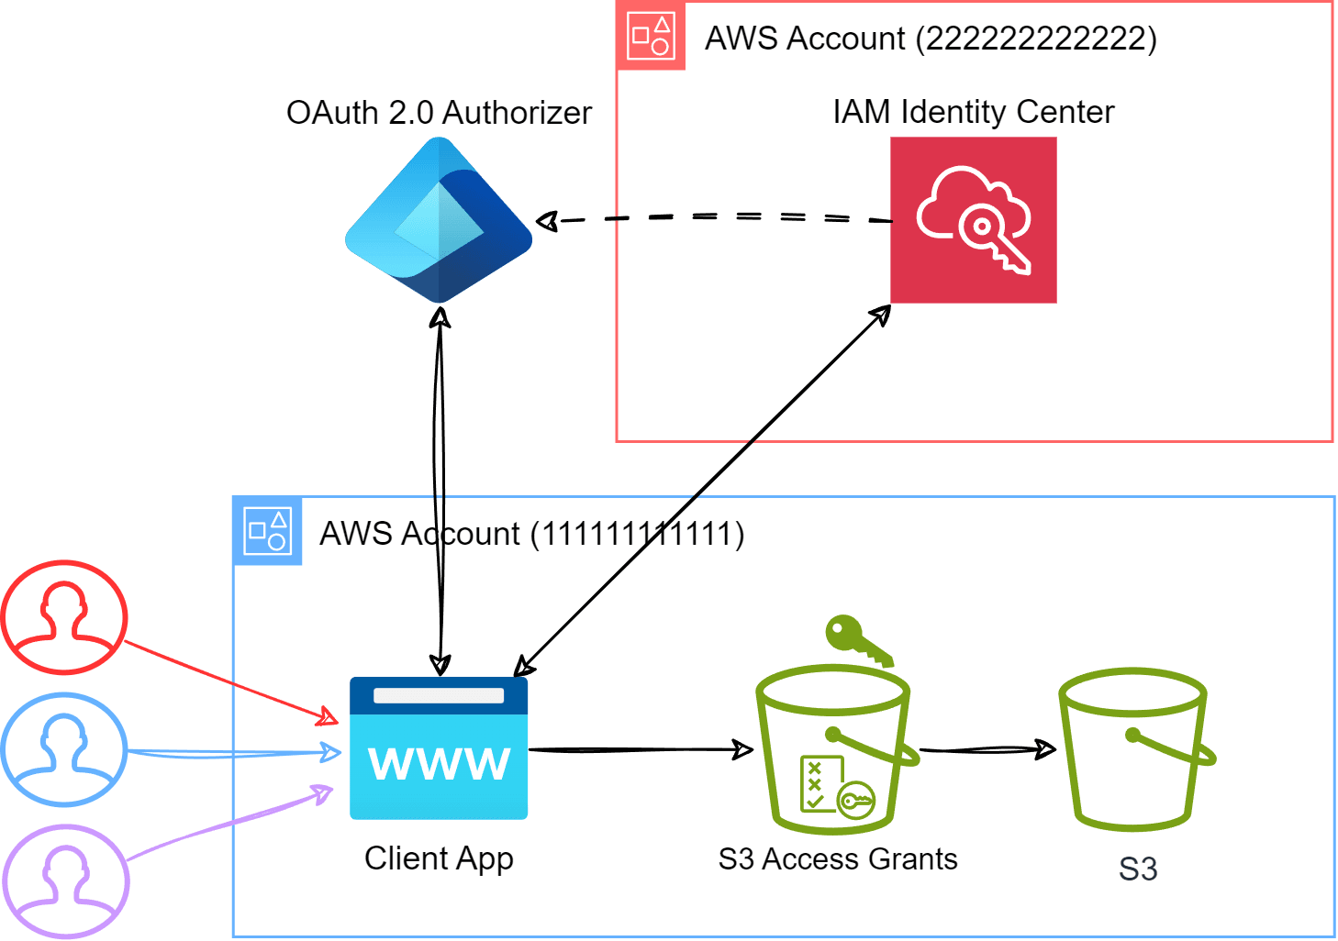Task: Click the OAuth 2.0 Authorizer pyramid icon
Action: tap(439, 220)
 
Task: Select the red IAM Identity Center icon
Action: tap(973, 220)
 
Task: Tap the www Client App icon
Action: tap(439, 748)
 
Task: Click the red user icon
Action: tap(64, 617)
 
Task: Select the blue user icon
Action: tap(64, 749)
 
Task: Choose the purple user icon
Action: tap(64, 880)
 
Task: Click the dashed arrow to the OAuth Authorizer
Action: tap(716, 217)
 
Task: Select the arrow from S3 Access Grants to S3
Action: tap(987, 750)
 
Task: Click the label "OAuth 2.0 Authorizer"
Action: tap(439, 113)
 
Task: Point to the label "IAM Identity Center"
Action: tap(973, 112)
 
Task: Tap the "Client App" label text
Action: tap(439, 858)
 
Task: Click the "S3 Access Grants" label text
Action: tap(837, 859)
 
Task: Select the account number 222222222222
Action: tap(1040, 39)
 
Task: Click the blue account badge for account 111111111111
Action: tap(268, 531)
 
